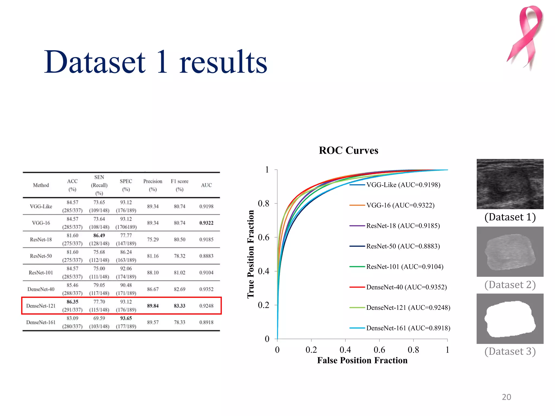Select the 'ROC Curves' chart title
(349, 150)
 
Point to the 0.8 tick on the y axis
(264, 203)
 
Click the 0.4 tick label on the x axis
(345, 350)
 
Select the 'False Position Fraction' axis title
(362, 360)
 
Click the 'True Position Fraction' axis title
(251, 254)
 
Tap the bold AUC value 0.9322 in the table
(206, 223)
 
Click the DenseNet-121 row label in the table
(41, 306)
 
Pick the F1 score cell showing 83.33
(179, 306)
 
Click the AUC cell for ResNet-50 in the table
(206, 256)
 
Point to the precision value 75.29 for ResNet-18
(153, 239)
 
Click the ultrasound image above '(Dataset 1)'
(510, 184)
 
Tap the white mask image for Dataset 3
(510, 319)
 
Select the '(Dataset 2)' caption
(510, 285)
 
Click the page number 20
(506, 397)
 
